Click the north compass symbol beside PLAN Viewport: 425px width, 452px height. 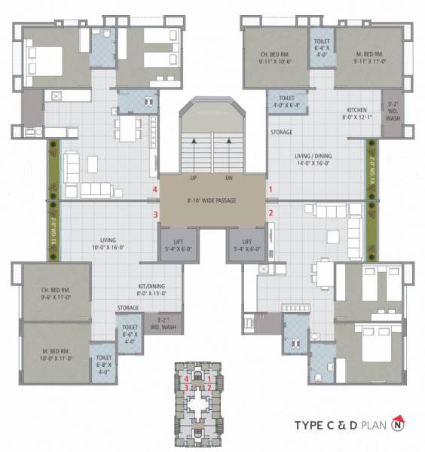point(397,425)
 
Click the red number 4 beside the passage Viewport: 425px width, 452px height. point(154,190)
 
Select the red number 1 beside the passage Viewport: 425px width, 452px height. point(271,190)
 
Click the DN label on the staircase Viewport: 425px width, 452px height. point(229,179)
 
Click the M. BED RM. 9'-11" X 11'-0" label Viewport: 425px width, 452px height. point(359,59)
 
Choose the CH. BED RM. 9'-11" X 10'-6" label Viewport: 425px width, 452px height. point(275,59)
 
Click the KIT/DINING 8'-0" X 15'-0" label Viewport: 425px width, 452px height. point(152,290)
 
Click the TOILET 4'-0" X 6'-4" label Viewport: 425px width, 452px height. point(286,102)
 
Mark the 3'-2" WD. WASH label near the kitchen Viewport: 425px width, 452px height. point(393,111)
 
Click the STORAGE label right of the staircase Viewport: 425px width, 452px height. point(281,133)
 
